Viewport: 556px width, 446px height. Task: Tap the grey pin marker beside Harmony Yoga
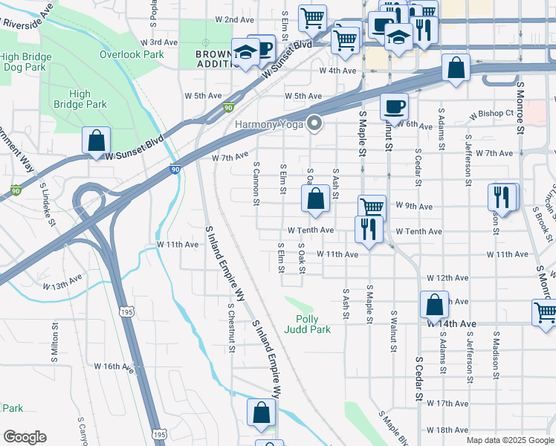[315, 123]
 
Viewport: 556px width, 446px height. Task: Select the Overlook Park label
[132, 54]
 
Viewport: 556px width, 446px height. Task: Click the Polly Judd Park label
[308, 323]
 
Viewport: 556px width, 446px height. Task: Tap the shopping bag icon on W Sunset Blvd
[97, 140]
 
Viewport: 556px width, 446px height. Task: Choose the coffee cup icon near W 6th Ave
[394, 106]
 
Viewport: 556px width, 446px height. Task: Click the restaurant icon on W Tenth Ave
[367, 229]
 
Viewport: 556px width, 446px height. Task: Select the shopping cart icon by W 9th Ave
[371, 207]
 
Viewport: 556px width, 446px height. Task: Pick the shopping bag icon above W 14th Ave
[434, 305]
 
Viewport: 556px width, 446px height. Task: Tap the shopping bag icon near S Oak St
[315, 199]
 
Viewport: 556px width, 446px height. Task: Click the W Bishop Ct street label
[493, 114]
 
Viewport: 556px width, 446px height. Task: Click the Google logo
[25, 437]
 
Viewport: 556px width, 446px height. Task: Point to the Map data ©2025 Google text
[510, 440]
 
